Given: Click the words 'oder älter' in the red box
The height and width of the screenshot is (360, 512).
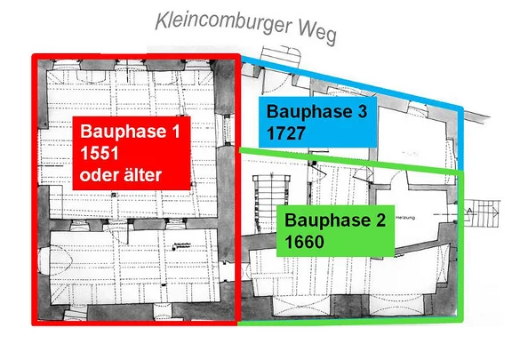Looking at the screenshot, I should [x=121, y=174].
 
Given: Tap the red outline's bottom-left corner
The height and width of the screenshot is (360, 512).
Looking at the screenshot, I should [x=36, y=323].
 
